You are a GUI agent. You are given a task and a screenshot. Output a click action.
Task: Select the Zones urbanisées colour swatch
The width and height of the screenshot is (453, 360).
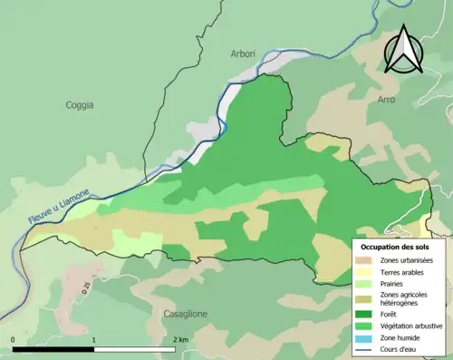click(363, 260)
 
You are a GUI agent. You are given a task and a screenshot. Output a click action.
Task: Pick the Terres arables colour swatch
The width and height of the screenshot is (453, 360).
click(363, 271)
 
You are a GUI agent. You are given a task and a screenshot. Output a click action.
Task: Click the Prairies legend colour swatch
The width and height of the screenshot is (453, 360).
click(363, 282)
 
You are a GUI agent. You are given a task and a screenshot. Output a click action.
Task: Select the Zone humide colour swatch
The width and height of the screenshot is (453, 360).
click(363, 336)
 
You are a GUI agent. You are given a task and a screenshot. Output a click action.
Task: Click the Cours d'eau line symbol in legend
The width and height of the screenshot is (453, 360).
click(363, 346)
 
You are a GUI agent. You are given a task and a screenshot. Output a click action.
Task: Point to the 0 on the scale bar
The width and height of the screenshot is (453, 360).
click(13, 339)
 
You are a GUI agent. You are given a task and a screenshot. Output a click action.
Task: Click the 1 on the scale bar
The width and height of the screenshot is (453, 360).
click(94, 339)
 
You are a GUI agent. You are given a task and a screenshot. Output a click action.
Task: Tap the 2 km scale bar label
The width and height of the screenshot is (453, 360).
click(180, 339)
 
